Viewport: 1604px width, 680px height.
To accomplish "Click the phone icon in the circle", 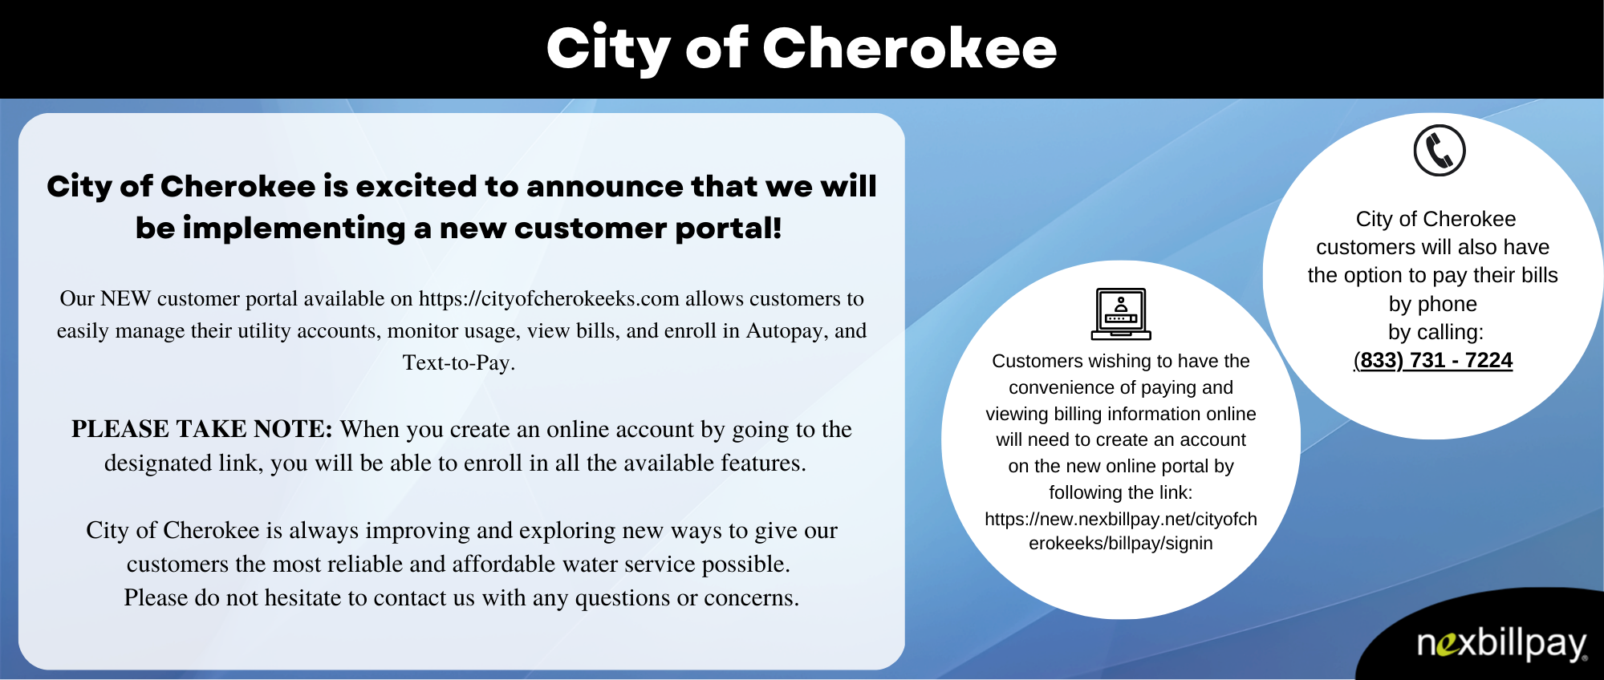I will point(1439,151).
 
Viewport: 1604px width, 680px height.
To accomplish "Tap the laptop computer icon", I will point(1121,314).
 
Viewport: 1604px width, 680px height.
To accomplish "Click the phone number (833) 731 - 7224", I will point(1432,361).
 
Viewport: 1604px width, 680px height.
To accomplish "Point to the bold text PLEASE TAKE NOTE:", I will point(201,429).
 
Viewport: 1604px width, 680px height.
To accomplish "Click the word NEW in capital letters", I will point(125,299).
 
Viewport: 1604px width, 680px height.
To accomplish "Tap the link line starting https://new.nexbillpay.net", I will point(1120,520).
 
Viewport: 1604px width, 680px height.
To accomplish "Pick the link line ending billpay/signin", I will point(1120,544).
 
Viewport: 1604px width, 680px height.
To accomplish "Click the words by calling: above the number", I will point(1435,332).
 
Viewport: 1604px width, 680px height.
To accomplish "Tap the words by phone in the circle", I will point(1432,304).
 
